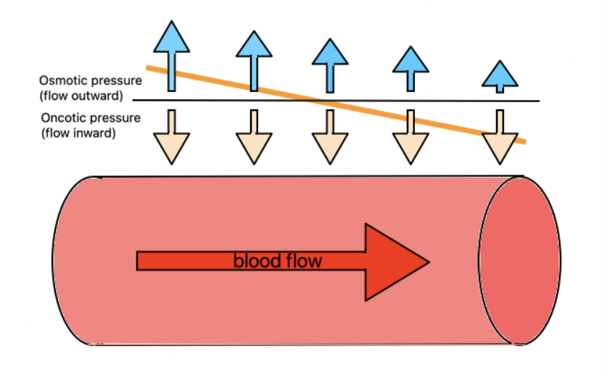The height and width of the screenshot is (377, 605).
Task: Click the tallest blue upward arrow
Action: coord(172,57)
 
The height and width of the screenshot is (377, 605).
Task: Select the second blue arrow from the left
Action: coord(254,61)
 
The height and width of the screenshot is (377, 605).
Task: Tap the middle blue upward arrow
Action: coord(330,65)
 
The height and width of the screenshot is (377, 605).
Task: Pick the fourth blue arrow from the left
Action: coord(411,69)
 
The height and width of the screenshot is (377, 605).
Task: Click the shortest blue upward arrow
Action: coord(500,76)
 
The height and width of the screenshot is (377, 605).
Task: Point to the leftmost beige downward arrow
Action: coord(172,137)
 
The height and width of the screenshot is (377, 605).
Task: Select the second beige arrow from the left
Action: coord(254,137)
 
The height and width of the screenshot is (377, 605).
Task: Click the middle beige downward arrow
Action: coord(330,137)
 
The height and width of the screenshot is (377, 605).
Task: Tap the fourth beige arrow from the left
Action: coord(411,137)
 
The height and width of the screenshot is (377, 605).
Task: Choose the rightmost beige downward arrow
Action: coord(500,137)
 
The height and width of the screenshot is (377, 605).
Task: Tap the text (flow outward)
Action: coord(81,96)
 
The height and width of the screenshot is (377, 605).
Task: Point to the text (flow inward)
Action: coord(78,133)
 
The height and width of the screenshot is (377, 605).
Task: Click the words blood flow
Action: coord(278,261)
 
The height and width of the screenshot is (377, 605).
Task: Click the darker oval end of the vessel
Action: coord(519,260)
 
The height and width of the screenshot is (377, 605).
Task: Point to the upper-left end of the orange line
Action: coord(147,68)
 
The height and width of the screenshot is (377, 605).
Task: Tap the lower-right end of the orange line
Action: coord(525,142)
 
